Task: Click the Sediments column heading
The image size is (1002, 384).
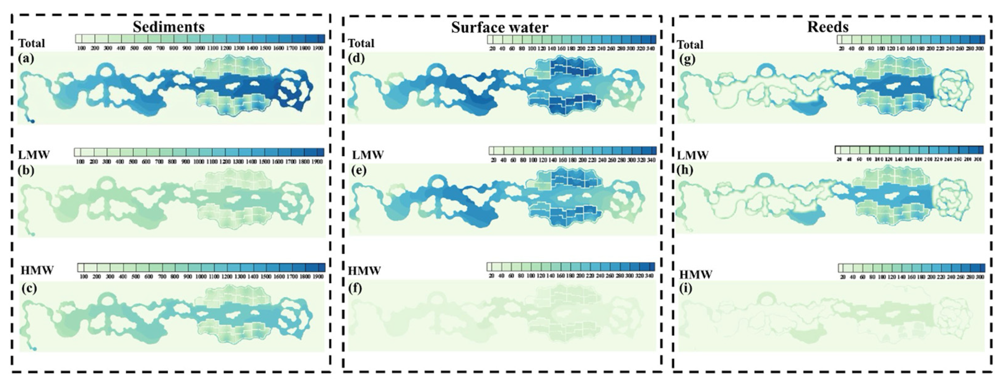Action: [169, 26]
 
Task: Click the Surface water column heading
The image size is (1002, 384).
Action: [499, 27]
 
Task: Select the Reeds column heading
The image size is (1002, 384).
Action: [828, 26]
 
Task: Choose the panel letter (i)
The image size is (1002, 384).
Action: [686, 289]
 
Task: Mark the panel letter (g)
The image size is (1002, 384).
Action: [688, 60]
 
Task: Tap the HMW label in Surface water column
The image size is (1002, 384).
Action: [364, 270]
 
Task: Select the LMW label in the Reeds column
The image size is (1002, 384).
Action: [693, 155]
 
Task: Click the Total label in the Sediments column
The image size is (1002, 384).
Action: [32, 43]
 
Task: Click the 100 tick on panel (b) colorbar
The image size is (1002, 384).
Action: [81, 161]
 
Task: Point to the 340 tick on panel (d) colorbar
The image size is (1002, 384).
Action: [650, 49]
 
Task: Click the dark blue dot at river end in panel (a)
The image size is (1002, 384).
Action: [33, 122]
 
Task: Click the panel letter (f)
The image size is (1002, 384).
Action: [356, 289]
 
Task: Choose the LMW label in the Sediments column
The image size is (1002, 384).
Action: [34, 155]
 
